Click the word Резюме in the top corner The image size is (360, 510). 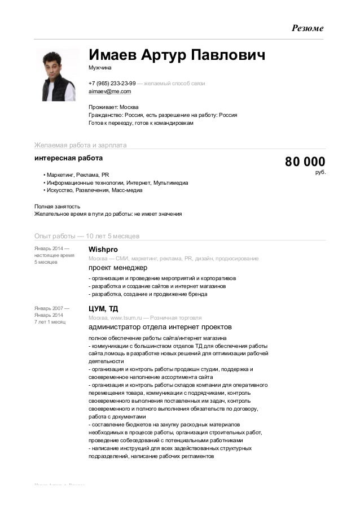307,28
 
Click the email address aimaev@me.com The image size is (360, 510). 109,91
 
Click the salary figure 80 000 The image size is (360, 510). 305,162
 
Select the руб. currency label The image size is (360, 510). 320,172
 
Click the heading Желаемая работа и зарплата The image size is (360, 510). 80,145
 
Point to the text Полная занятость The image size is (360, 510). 57,206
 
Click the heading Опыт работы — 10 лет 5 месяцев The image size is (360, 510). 87,236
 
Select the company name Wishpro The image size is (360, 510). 103,249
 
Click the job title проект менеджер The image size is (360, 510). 117,268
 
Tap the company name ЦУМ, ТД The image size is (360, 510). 103,308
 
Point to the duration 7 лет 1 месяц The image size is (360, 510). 50,322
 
